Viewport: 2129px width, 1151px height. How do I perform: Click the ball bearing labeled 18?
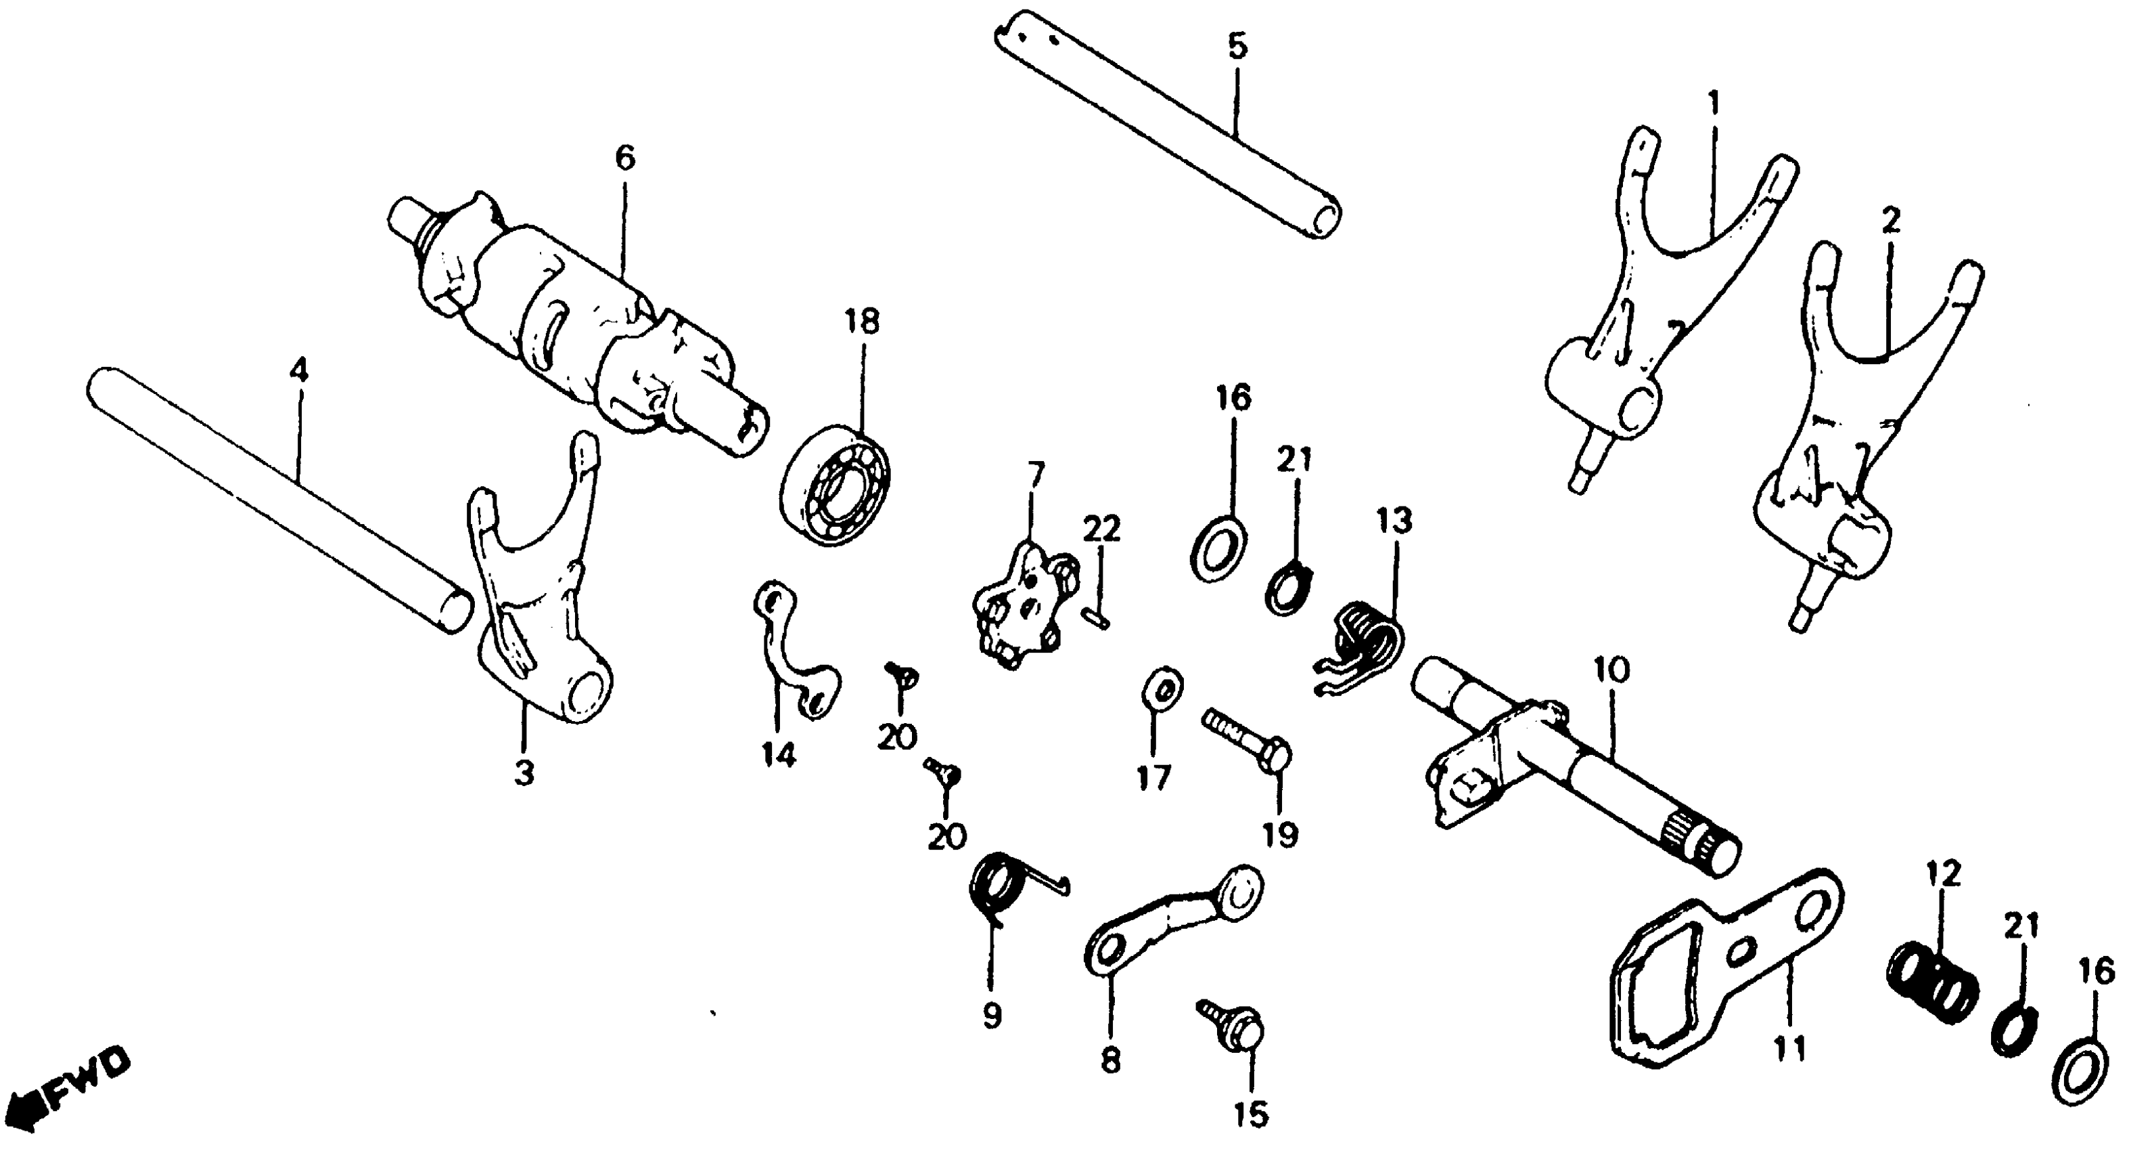coord(835,485)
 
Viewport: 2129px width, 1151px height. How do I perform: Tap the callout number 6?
coord(625,157)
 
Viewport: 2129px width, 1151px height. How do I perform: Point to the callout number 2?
coord(1891,221)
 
